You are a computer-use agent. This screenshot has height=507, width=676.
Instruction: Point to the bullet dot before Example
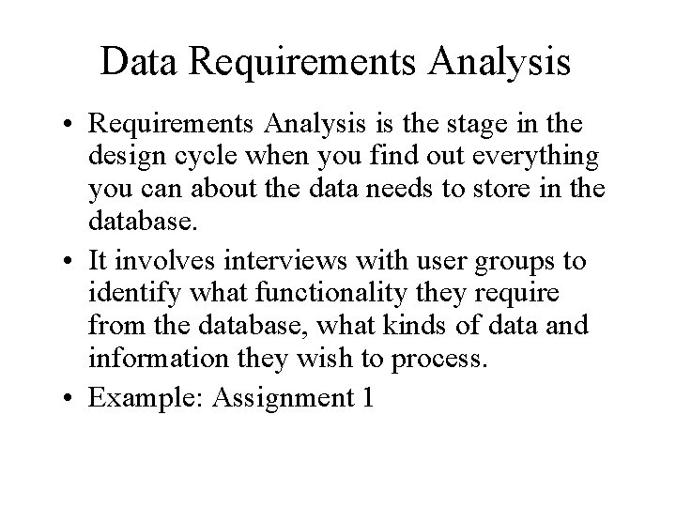[70, 398]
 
